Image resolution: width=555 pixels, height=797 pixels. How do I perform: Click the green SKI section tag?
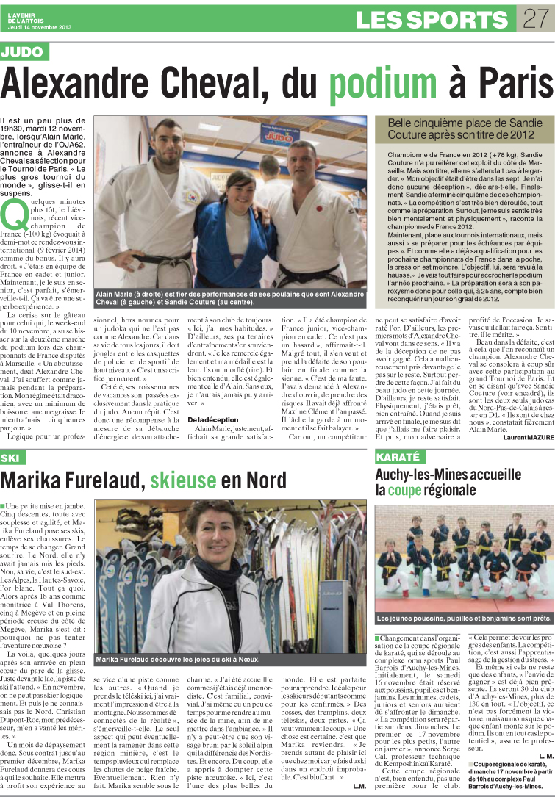tap(12, 458)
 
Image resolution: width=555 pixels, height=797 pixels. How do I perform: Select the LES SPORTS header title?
tap(434, 19)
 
